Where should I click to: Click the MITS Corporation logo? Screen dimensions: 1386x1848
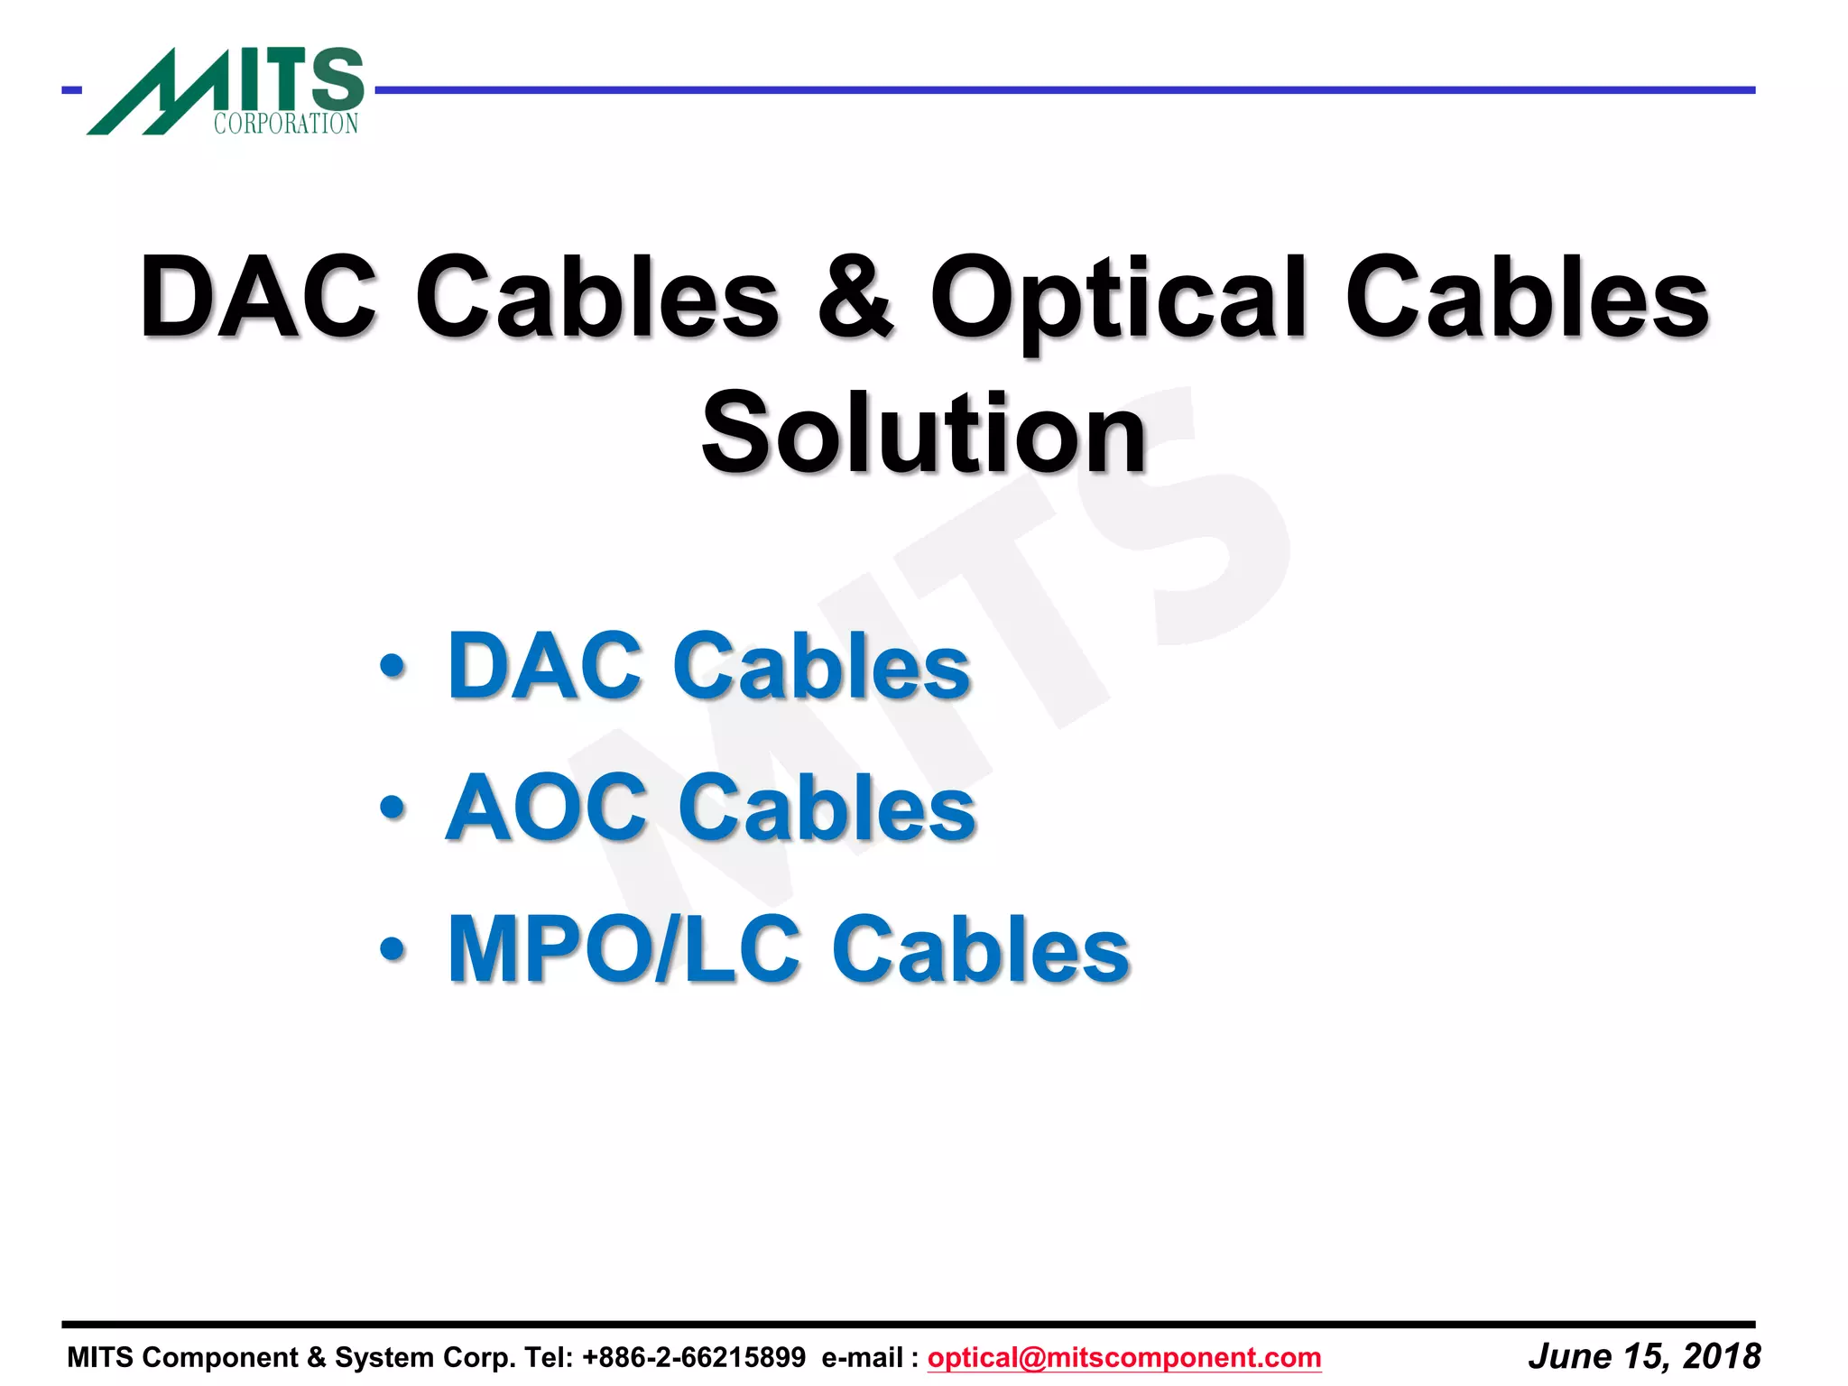pyautogui.click(x=226, y=90)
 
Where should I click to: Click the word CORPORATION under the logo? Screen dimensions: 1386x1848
pyautogui.click(x=286, y=124)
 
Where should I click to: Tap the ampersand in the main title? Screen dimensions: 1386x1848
pyautogui.click(x=855, y=297)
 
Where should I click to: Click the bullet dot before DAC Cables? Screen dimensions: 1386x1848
pyautogui.click(x=393, y=667)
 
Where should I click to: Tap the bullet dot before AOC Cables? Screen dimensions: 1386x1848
pyautogui.click(x=393, y=807)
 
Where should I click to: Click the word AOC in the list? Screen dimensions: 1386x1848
pyautogui.click(x=547, y=807)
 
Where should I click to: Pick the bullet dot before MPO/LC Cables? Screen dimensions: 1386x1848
pyautogui.click(x=393, y=948)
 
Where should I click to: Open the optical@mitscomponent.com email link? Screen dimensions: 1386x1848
pyautogui.click(x=1124, y=1357)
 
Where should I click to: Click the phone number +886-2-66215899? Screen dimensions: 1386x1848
pyautogui.click(x=694, y=1357)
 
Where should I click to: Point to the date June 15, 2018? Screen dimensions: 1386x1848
pyautogui.click(x=1644, y=1356)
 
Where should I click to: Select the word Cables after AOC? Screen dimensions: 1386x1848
pyautogui.click(x=827, y=807)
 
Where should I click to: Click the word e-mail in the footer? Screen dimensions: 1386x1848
pyautogui.click(x=862, y=1357)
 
